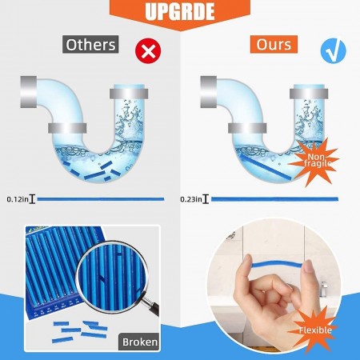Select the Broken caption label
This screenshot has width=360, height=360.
[x=139, y=342]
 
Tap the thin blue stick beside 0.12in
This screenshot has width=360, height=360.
[x=100, y=199]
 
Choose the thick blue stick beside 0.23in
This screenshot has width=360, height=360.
[x=272, y=199]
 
